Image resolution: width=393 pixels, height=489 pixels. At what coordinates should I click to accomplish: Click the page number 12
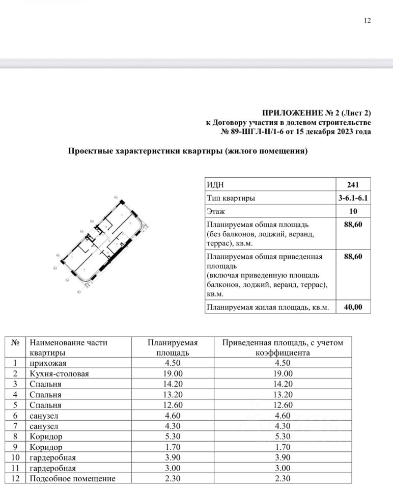[x=368, y=21]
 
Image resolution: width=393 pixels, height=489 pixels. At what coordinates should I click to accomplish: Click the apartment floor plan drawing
[x=104, y=242]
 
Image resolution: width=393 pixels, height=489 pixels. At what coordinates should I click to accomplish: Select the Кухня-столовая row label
[x=59, y=374]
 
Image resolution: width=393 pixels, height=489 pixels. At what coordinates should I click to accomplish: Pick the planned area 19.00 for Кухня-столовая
[x=173, y=374]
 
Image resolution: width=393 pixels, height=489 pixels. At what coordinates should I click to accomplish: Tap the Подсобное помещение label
[x=72, y=478]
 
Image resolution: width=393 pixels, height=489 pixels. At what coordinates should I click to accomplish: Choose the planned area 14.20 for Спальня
[x=173, y=384]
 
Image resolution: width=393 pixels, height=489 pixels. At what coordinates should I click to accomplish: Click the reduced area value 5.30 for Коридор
[x=283, y=437]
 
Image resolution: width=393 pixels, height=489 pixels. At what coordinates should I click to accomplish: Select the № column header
[x=15, y=343]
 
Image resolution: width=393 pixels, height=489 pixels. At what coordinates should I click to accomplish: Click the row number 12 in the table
[x=15, y=478]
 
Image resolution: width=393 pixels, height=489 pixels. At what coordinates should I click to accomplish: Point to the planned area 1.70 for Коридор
[x=173, y=447]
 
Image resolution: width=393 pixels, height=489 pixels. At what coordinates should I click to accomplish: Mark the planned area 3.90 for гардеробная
[x=173, y=457]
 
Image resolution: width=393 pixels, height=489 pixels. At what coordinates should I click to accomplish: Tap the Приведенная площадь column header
[x=283, y=347]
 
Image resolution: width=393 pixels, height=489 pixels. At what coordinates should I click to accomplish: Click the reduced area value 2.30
[x=283, y=478]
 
